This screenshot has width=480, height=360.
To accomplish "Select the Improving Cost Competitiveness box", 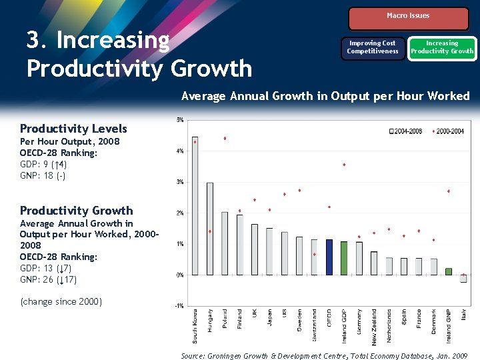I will pyautogui.click(x=373, y=47).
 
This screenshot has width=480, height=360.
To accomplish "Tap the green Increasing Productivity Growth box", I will pyautogui.click(x=442, y=47).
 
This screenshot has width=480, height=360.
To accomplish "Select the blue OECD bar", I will pyautogui.click(x=329, y=257).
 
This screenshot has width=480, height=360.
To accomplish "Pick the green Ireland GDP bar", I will pyautogui.click(x=344, y=258).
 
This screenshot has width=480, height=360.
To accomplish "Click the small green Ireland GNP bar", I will pyautogui.click(x=448, y=271).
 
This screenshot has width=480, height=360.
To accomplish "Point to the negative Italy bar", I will pyautogui.click(x=463, y=279).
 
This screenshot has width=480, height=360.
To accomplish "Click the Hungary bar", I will pyautogui.click(x=210, y=228).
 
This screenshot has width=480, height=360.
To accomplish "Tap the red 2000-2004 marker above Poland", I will pyautogui.click(x=225, y=139).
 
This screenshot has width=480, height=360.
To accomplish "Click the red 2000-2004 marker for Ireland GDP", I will pyautogui.click(x=344, y=165).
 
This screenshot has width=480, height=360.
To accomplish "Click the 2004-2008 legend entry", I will pyautogui.click(x=405, y=131).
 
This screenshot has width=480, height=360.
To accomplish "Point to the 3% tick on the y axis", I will pyautogui.click(x=180, y=182).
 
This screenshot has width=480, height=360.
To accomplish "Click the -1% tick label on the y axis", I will pyautogui.click(x=179, y=306).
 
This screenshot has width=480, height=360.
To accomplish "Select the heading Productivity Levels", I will pyautogui.click(x=73, y=129).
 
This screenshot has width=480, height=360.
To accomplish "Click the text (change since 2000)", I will pyautogui.click(x=61, y=302).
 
